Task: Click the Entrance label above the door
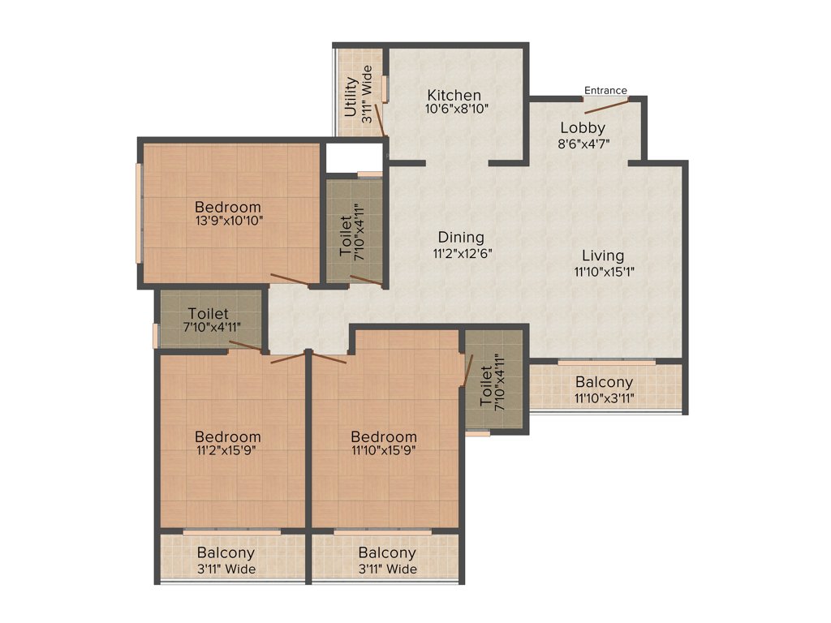(605, 90)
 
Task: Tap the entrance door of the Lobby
(607, 105)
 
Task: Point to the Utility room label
(351, 97)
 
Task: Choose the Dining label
(461, 238)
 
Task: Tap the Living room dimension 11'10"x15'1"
(603, 272)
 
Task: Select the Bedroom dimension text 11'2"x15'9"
(228, 451)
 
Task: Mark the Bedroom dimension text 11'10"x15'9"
(385, 451)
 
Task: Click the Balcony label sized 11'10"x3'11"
(604, 382)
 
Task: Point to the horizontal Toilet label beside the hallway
(208, 313)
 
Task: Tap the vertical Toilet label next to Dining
(346, 236)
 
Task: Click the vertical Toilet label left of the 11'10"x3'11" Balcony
(486, 387)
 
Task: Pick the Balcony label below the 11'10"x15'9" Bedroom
(387, 553)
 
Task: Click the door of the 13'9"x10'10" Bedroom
(289, 281)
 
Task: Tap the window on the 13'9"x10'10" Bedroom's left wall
(139, 213)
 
